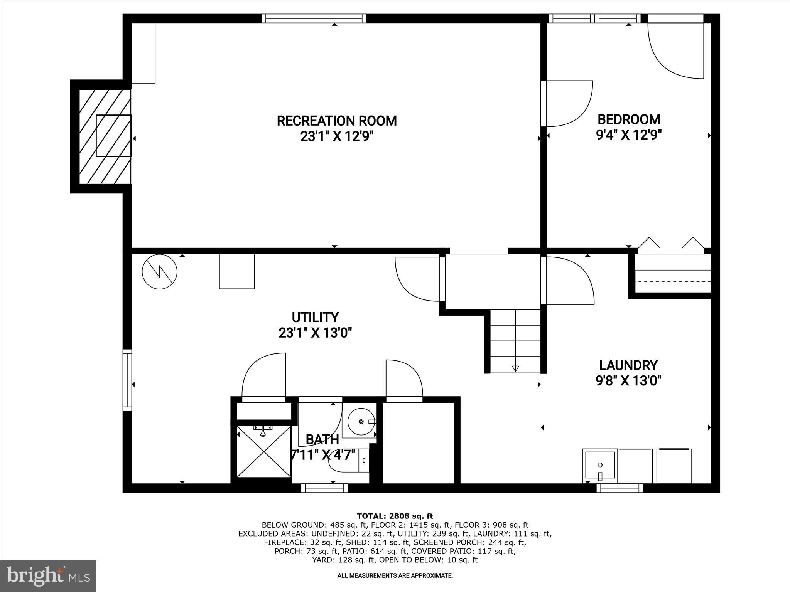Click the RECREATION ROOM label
pyautogui.click(x=337, y=121)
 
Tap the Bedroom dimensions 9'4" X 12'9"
pyautogui.click(x=629, y=135)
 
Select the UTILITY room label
pyautogui.click(x=315, y=317)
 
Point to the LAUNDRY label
pyautogui.click(x=628, y=365)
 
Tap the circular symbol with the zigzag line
pyautogui.click(x=159, y=272)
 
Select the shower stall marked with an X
pyautogui.click(x=264, y=451)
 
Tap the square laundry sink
pyautogui.click(x=600, y=466)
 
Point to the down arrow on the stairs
pyautogui.click(x=515, y=368)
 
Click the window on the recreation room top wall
pyautogui.click(x=314, y=18)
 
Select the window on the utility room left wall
pyautogui.click(x=127, y=380)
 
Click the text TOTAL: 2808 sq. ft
pyautogui.click(x=395, y=516)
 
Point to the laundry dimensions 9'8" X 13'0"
pyautogui.click(x=628, y=381)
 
